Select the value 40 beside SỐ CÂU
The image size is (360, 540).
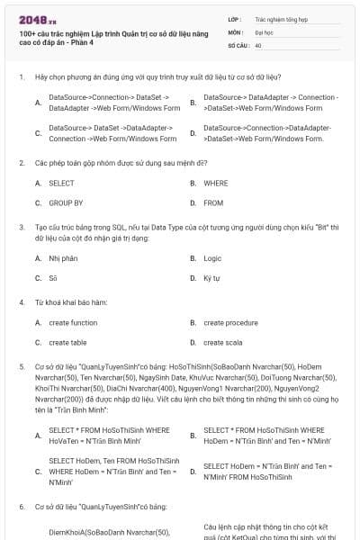point(258,44)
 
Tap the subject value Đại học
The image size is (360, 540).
point(265,31)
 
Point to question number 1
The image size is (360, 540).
point(21,77)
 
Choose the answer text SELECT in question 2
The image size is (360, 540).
point(61,183)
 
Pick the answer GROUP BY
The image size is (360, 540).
point(66,203)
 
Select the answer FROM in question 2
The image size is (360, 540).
point(213,203)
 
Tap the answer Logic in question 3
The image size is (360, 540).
point(212,258)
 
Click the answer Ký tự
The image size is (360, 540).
point(211,279)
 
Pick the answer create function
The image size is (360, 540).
point(73,322)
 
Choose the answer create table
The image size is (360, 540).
point(67,343)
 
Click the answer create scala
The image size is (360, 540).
point(222,343)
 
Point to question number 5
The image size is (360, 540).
point(21,367)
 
